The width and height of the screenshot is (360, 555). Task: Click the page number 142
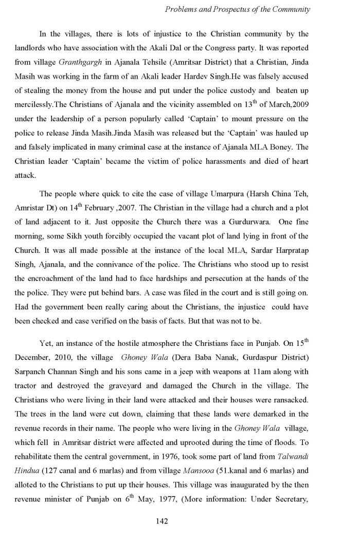pyautogui.click(x=162, y=521)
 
